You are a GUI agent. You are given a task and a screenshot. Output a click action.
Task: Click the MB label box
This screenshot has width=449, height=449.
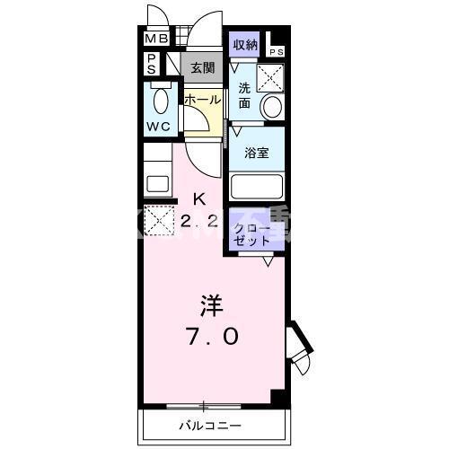coord(156,40)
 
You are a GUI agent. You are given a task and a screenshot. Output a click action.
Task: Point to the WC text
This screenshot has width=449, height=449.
coord(158,127)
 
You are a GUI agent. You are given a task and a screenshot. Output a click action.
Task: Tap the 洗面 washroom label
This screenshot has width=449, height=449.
coord(244,96)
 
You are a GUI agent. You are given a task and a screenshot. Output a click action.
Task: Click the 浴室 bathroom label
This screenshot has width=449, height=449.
coord(258,153)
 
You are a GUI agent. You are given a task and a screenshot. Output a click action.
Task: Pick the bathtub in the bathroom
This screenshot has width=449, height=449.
coord(257,187)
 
